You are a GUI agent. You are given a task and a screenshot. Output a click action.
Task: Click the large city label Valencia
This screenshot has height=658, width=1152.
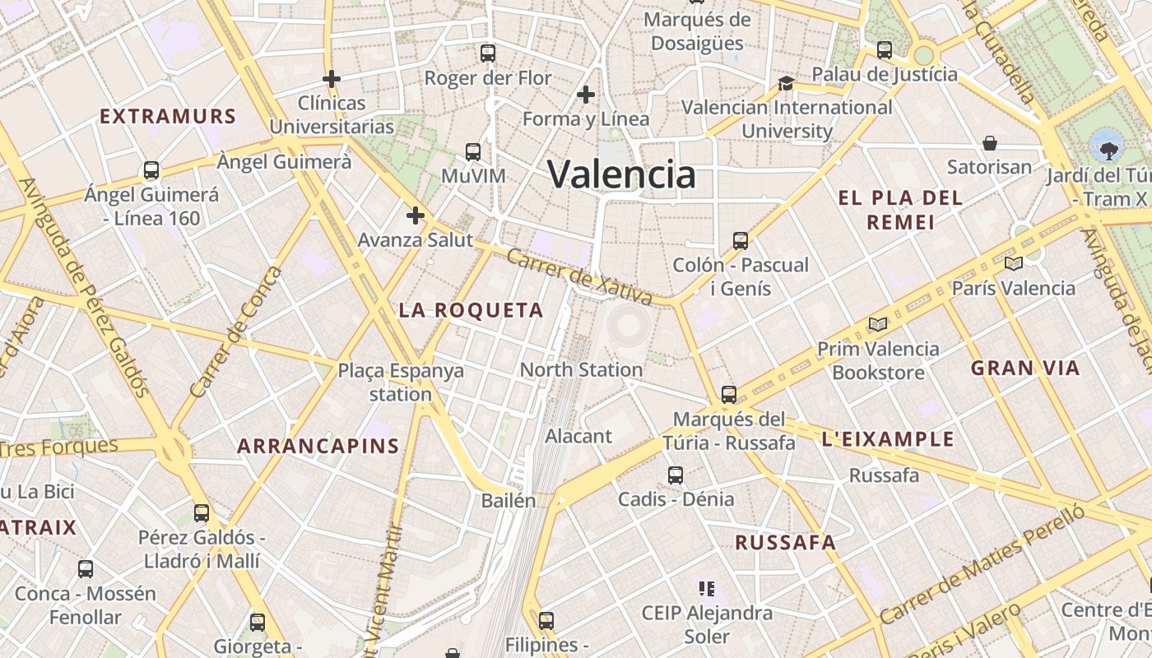(x=621, y=174)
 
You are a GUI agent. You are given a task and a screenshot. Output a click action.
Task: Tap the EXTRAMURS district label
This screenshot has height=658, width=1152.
(x=168, y=116)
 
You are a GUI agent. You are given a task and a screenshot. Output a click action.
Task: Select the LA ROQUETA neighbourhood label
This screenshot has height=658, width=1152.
(x=471, y=310)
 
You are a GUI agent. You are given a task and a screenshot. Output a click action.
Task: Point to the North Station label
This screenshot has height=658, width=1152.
(x=581, y=369)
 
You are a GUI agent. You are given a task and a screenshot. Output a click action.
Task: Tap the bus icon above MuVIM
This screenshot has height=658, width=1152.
(x=472, y=152)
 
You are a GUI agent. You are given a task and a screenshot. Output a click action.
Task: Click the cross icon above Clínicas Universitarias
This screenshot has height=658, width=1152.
(x=332, y=79)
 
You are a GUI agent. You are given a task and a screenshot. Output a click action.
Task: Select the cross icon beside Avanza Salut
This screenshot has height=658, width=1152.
(x=416, y=215)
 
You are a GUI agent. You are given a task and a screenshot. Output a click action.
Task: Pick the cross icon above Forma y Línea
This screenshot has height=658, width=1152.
(x=586, y=95)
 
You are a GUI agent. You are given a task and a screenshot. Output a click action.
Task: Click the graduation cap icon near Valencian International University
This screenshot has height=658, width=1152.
(x=786, y=83)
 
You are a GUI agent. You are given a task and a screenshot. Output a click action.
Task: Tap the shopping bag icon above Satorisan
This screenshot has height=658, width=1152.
(x=989, y=143)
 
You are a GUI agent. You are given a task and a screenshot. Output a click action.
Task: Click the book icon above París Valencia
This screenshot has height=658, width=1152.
(x=1013, y=264)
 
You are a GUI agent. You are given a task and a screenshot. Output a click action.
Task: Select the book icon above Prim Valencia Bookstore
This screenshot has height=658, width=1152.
(x=878, y=324)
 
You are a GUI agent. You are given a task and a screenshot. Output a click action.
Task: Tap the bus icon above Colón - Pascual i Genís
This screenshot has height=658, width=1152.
(x=741, y=241)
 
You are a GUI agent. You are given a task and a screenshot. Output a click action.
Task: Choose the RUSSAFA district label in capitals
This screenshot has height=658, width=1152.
(x=785, y=543)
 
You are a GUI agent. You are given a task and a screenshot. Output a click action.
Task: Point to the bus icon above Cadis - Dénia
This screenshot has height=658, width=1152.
(x=676, y=475)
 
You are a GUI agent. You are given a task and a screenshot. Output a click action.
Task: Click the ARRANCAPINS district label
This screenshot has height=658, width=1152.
(x=318, y=447)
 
